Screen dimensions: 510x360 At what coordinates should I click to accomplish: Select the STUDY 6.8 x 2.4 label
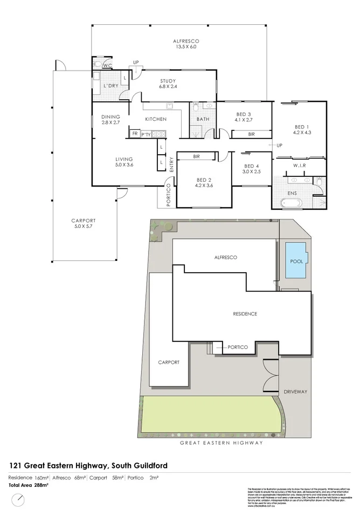tap(168, 84)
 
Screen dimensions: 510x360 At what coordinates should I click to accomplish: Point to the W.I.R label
tap(300, 166)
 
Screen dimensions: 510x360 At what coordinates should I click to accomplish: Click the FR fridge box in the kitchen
tap(134, 134)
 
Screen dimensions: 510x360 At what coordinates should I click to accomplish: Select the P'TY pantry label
tap(146, 134)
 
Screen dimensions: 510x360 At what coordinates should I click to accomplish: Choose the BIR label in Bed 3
tap(251, 134)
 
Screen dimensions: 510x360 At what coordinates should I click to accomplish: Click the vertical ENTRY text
tap(172, 164)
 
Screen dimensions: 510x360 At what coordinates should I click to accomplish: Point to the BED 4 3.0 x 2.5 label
tap(252, 169)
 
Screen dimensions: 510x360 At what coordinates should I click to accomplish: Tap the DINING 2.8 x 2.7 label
tap(110, 120)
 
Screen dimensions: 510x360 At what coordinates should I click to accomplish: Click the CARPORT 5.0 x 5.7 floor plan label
tap(84, 223)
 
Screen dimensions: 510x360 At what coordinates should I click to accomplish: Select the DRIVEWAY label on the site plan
tap(295, 392)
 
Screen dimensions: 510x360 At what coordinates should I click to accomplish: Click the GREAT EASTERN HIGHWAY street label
tap(221, 443)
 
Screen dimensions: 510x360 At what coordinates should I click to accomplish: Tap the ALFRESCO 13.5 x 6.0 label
tap(186, 44)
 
